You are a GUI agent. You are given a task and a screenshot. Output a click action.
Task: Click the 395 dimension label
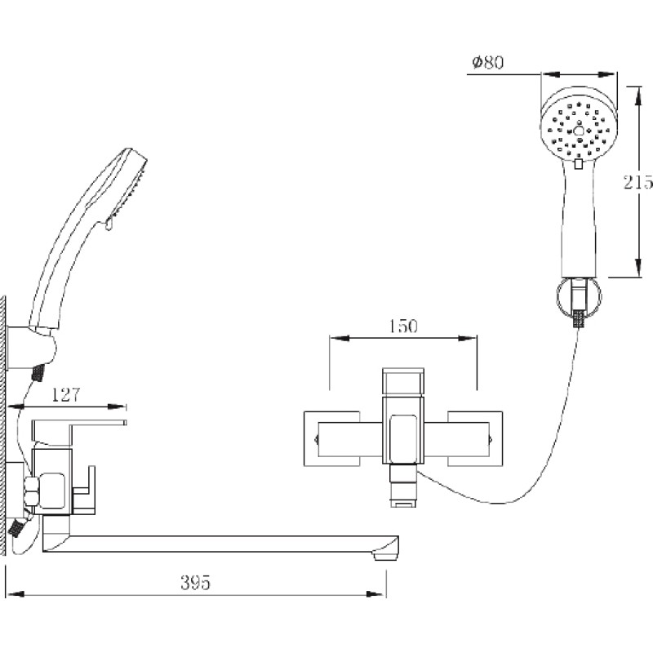pyautogui.click(x=195, y=583)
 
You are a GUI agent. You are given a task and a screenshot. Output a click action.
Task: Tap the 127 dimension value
pyautogui.click(x=65, y=394)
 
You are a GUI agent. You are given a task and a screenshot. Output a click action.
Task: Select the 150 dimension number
pyautogui.click(x=402, y=326)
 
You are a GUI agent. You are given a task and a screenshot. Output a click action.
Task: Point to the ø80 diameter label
pyautogui.click(x=487, y=62)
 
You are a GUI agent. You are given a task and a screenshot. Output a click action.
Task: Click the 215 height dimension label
pyautogui.click(x=637, y=182)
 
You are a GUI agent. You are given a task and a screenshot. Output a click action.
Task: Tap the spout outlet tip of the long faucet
pyautogui.click(x=386, y=554)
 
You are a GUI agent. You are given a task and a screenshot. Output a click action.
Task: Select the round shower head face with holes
pyautogui.click(x=579, y=128)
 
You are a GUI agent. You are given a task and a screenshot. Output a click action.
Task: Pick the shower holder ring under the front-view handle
pyautogui.click(x=579, y=299)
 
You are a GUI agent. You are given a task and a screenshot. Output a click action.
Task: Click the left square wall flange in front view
pyautogui.click(x=331, y=438)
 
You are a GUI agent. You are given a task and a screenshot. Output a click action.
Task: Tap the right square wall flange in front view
pyautogui.click(x=475, y=438)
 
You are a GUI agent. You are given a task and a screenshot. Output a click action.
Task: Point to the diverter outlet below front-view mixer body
pyautogui.click(x=402, y=486)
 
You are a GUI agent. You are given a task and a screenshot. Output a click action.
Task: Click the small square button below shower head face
pyautogui.click(x=579, y=164)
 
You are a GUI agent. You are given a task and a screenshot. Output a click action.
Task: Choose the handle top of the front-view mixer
pyautogui.click(x=403, y=382)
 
